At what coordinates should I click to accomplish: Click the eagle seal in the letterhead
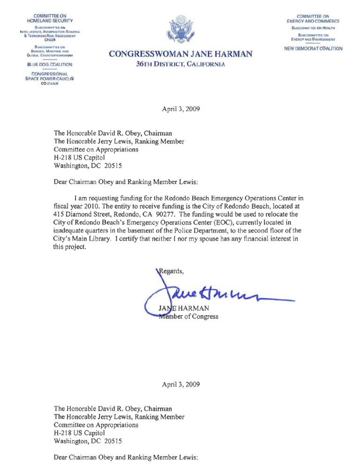180,30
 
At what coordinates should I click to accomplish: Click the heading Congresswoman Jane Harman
180,55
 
